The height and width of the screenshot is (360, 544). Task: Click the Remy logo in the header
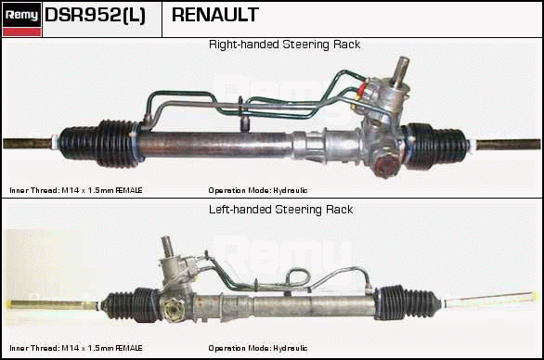coord(22,19)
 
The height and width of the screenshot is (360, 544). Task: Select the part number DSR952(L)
coord(95,15)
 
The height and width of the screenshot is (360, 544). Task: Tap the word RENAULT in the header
coord(215,15)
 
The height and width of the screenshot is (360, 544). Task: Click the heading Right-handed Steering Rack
coord(284,45)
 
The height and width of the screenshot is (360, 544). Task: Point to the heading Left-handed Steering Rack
coord(281,210)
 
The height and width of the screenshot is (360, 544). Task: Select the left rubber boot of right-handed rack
coord(100,143)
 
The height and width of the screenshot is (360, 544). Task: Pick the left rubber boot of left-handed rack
coord(131,305)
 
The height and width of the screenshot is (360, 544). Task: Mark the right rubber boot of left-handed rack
coord(408,302)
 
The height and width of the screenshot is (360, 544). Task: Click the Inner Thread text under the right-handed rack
coord(76,190)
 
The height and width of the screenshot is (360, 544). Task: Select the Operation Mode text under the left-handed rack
coord(258,348)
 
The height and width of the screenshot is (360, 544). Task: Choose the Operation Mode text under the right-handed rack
coord(258,190)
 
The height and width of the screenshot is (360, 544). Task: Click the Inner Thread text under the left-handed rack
coord(76,348)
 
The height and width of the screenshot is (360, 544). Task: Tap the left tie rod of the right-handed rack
coord(29,143)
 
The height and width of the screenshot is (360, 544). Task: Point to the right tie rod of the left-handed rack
coord(491,300)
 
